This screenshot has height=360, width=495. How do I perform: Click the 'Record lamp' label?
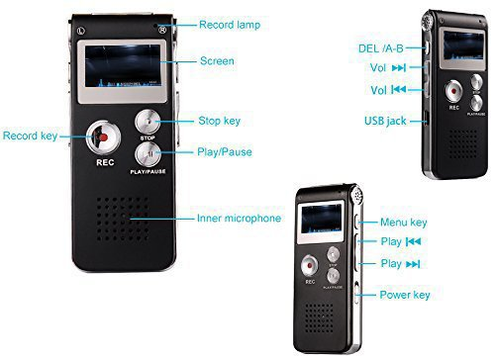pos(230,25)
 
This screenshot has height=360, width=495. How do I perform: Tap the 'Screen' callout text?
pos(217,61)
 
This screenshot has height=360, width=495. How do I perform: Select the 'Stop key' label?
pos(220,121)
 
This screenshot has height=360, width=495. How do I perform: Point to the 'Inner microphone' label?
pos(239,218)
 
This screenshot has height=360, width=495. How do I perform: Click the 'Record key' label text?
pos(30,135)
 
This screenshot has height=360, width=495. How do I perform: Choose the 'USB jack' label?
pos(385,121)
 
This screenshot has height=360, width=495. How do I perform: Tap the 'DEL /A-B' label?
pos(381,48)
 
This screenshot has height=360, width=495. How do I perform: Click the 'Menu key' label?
pos(404,223)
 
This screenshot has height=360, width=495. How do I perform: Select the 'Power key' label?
pos(405,295)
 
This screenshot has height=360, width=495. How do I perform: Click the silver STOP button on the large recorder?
pos(148,122)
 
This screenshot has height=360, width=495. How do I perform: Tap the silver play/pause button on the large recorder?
pos(148,154)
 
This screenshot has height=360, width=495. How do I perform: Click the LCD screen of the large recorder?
pos(123,66)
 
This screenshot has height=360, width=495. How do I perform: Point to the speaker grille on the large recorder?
pos(123,219)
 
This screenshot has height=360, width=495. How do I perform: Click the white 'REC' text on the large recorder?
pos(105,162)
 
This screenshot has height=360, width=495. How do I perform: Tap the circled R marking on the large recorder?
pos(162,30)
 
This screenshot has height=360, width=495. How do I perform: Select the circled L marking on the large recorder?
pos(81,31)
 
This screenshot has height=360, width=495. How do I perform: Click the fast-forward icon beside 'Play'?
pos(413,264)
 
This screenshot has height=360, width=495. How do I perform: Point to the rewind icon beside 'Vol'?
pos(399,89)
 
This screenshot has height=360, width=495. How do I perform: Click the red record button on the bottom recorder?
pos(310,265)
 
